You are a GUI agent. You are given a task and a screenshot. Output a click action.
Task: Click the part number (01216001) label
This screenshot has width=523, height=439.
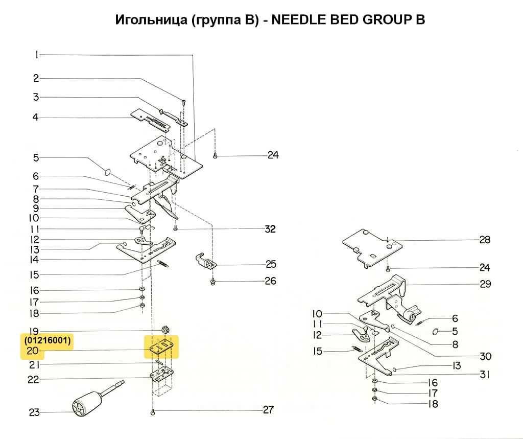pos(47,340)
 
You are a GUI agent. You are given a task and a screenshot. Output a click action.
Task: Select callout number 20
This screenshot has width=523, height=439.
pos(33,351)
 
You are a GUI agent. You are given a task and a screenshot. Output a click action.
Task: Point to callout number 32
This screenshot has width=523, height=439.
pos(270,229)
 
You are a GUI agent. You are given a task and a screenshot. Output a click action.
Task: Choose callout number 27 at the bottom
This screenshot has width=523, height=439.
pos(268,409)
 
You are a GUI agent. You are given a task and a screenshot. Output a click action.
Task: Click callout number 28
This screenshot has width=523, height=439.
pos(485,240)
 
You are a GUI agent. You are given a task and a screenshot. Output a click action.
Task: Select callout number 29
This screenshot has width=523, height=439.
pos(485,284)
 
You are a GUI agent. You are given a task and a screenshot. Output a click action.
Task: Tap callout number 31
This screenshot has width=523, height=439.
pos(485,375)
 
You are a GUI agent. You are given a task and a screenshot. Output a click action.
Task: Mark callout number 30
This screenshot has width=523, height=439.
pos(485,356)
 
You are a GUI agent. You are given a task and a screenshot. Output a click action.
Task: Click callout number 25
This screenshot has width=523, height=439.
pos(271,264)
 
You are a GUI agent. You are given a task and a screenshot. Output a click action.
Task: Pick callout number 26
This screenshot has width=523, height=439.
pos(270,281)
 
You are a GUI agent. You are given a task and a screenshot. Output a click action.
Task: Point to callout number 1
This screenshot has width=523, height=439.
pos(37,55)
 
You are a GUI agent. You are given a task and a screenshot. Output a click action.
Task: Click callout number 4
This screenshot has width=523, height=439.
pos(36,118)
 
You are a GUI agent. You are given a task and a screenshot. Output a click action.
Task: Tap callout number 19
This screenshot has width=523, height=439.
pos(34,331)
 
